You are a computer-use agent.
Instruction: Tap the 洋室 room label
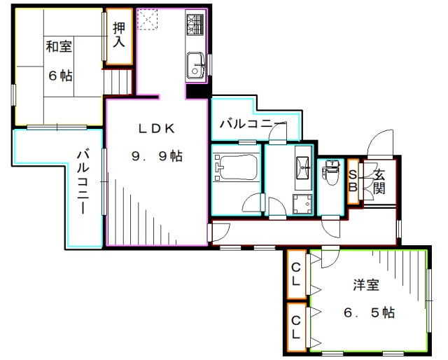click(365, 285)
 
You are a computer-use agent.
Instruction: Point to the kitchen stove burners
click(194, 26)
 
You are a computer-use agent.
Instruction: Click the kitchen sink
click(192, 66)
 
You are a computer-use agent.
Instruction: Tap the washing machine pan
click(302, 205)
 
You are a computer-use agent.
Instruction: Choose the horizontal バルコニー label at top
click(253, 125)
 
